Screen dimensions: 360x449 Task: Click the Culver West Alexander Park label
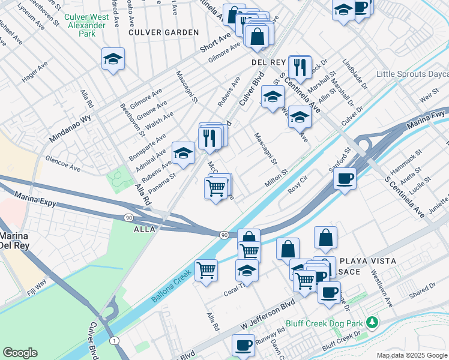tap(87, 25)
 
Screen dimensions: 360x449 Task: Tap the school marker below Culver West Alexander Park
tap(113, 59)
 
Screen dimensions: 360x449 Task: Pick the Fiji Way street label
tap(37, 287)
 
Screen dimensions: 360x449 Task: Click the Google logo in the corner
tap(20, 353)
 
